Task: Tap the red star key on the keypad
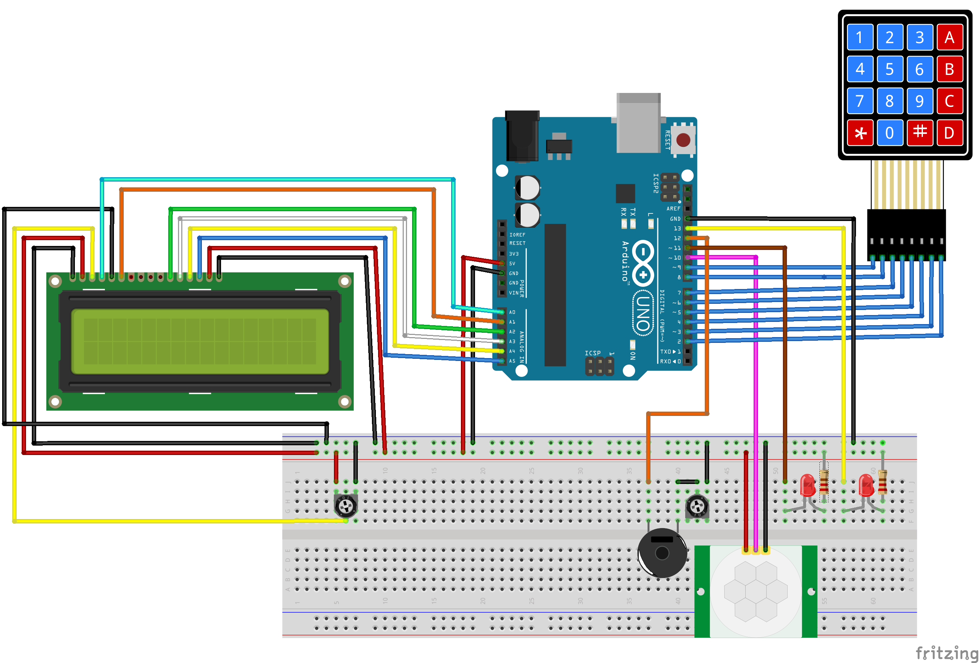(860, 133)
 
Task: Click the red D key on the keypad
(949, 133)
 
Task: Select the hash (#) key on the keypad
(920, 132)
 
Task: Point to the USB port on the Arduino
(638, 123)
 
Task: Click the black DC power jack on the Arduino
(522, 136)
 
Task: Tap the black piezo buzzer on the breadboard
(662, 553)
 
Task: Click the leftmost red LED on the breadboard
(808, 486)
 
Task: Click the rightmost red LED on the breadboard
(866, 486)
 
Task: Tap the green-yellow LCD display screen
(200, 341)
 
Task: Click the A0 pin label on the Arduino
(512, 312)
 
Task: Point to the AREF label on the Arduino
(673, 208)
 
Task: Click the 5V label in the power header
(512, 263)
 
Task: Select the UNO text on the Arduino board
(643, 313)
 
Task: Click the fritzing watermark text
(946, 653)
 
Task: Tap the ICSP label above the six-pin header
(592, 353)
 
